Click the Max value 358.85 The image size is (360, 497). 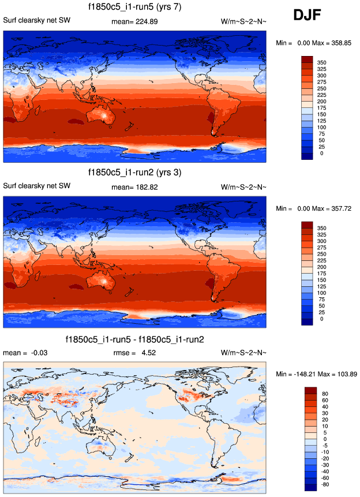pyautogui.click(x=337, y=43)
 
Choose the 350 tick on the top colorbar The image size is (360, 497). pyautogui.click(x=322, y=60)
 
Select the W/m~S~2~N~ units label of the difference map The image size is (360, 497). pyautogui.click(x=243, y=352)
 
